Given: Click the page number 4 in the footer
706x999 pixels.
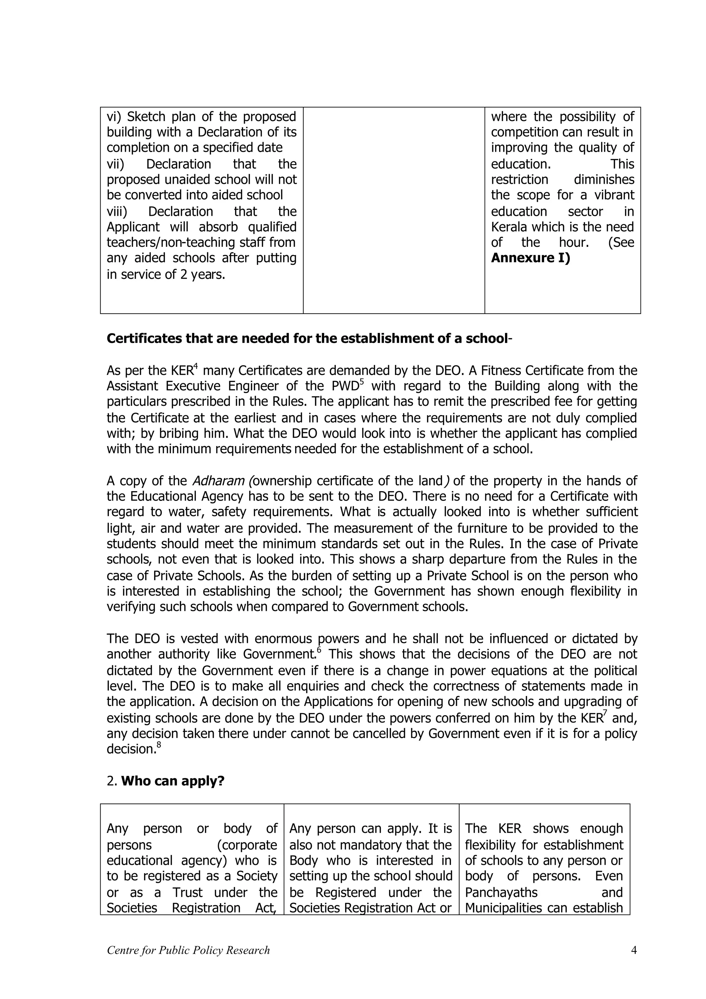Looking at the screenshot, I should point(633,950).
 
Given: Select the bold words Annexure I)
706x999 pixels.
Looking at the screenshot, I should point(530,258).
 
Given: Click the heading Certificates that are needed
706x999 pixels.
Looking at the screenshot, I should point(307,339).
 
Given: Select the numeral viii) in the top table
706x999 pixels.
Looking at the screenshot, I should point(117,211).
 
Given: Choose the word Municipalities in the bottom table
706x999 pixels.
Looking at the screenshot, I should point(505,908).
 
